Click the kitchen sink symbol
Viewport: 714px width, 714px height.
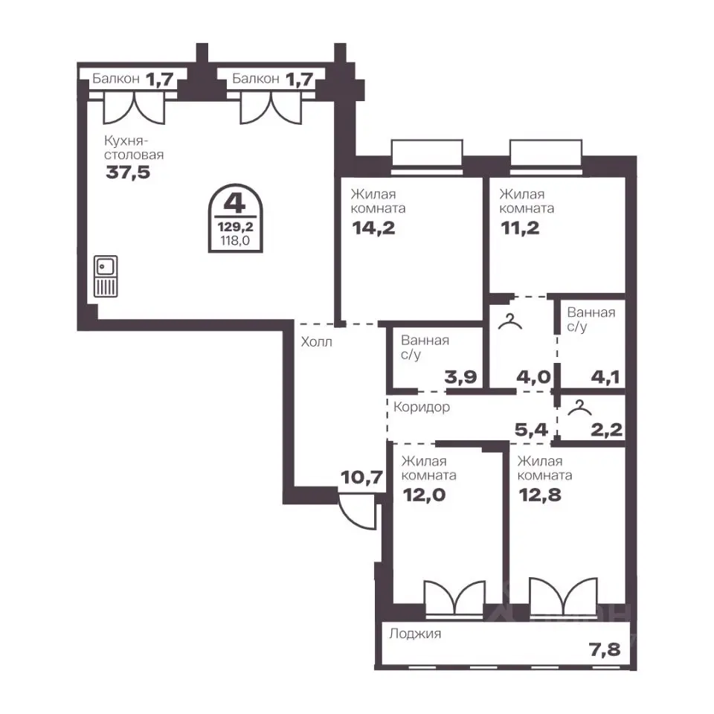pyautogui.click(x=106, y=277)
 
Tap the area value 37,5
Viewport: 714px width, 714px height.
pyautogui.click(x=128, y=173)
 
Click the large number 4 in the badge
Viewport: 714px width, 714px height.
pyautogui.click(x=235, y=203)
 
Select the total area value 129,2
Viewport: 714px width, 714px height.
pyautogui.click(x=236, y=226)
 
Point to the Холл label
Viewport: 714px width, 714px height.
pyautogui.click(x=317, y=341)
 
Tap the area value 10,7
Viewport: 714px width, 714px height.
pyautogui.click(x=361, y=477)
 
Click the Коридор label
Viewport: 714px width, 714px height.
pyautogui.click(x=422, y=407)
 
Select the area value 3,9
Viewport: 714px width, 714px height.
pyautogui.click(x=461, y=377)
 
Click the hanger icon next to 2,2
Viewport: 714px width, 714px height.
pyautogui.click(x=579, y=408)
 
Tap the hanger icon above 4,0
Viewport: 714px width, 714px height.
pyautogui.click(x=510, y=321)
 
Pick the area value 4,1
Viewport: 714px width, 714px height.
pyautogui.click(x=605, y=377)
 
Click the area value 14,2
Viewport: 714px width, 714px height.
pyautogui.click(x=373, y=228)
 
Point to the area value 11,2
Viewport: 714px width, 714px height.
pyautogui.click(x=520, y=228)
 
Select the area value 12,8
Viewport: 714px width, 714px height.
pyautogui.click(x=540, y=495)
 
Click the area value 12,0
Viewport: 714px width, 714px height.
pyautogui.click(x=425, y=495)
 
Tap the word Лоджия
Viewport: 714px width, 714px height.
pyautogui.click(x=415, y=634)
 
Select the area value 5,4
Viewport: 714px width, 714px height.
pyautogui.click(x=531, y=429)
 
